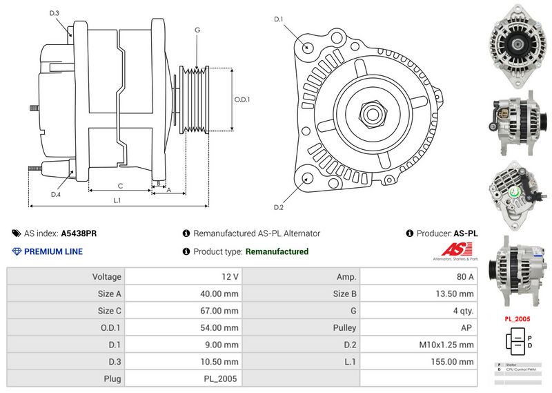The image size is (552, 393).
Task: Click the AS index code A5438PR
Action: [x=79, y=233]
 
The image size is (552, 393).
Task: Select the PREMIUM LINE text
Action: [x=53, y=251]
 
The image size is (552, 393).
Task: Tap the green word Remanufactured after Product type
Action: [x=277, y=251]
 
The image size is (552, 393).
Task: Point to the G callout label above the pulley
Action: [x=197, y=30]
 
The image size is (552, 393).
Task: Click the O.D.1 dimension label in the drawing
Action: [x=241, y=99]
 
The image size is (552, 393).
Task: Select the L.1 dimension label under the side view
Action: [x=117, y=200]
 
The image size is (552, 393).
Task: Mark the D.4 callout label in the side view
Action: [x=55, y=194]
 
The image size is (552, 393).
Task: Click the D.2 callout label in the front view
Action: [x=279, y=207]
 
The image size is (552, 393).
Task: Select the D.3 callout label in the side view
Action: [x=55, y=13]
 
